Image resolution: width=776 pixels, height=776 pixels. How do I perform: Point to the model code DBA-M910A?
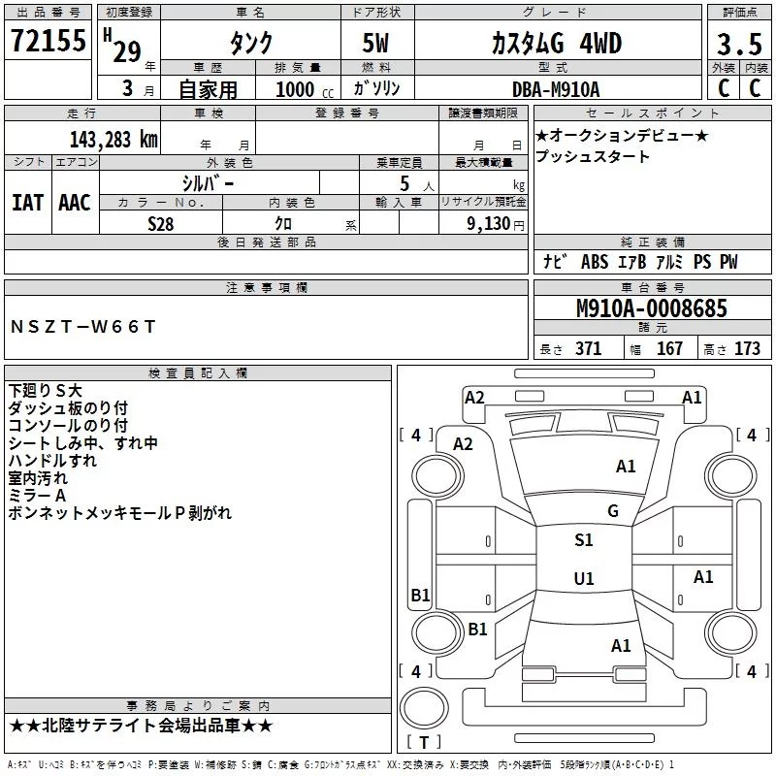(x=556, y=89)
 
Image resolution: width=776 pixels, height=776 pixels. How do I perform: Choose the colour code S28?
(x=161, y=223)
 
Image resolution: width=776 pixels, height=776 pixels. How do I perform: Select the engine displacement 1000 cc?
(x=295, y=89)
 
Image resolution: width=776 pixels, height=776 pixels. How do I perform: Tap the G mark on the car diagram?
(x=612, y=511)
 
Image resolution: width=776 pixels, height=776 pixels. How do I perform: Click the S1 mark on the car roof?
(x=583, y=540)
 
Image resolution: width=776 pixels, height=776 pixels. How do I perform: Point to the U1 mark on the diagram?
(x=583, y=579)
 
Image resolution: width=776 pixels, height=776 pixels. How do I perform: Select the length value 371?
(x=588, y=349)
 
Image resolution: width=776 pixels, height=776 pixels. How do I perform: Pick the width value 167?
(x=669, y=349)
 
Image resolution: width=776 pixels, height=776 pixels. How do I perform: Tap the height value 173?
(x=747, y=349)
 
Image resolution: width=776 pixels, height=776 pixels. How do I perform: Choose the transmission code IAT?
(x=27, y=202)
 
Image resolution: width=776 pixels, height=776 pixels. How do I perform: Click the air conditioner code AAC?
(x=75, y=202)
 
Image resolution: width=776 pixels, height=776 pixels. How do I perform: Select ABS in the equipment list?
(x=594, y=262)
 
